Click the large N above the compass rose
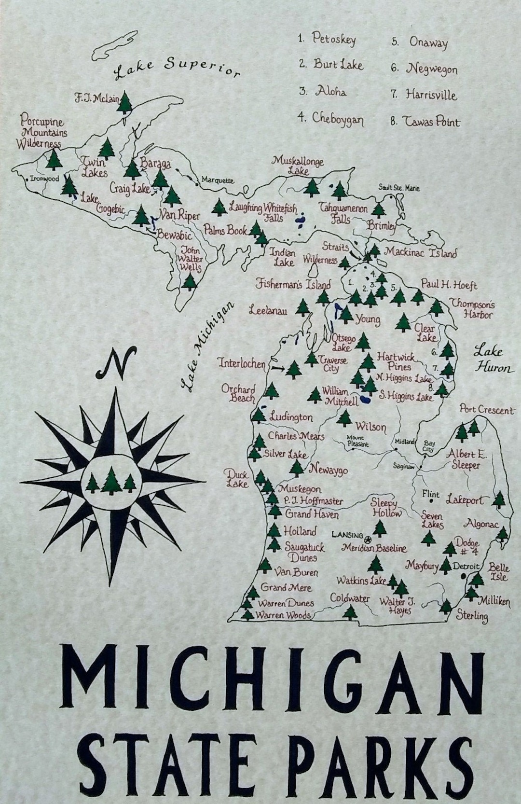115,365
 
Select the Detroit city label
466,566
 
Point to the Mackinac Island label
420,252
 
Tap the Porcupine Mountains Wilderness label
41,132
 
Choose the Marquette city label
218,180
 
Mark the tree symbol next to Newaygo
297,467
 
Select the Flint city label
430,495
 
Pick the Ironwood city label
44,179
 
